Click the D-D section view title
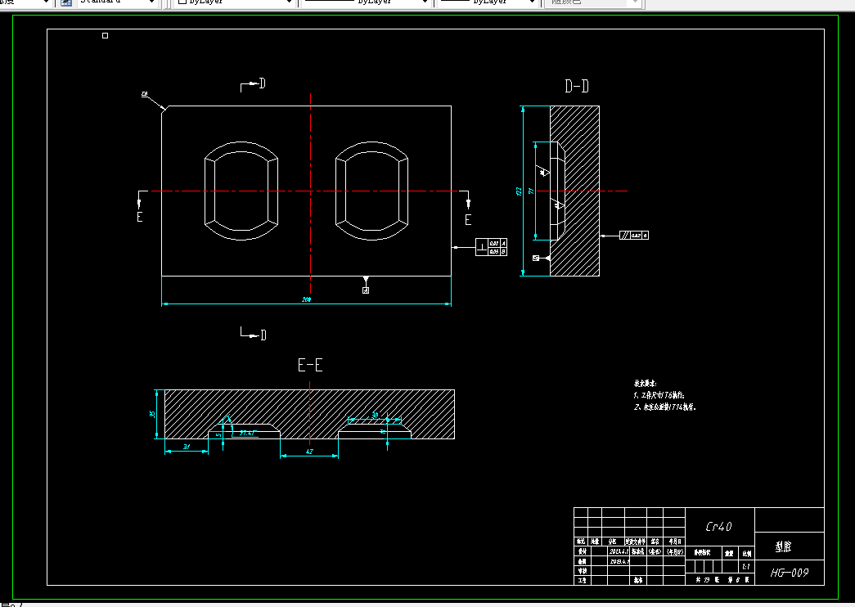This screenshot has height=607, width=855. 577,86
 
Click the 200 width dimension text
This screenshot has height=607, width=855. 307,299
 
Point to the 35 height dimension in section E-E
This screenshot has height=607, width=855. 152,414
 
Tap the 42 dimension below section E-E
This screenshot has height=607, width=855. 308,452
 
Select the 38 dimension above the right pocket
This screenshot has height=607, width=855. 375,416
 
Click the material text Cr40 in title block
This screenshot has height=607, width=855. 718,528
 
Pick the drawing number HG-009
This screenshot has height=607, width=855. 790,573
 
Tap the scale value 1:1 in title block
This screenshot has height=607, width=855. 745,566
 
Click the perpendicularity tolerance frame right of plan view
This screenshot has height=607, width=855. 492,247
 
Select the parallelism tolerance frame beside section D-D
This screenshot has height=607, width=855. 634,236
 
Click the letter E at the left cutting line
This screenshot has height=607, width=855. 140,218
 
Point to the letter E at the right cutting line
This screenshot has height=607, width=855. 468,219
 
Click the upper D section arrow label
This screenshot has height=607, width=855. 262,83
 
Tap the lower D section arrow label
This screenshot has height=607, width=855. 263,335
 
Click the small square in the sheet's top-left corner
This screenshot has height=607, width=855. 105,36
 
